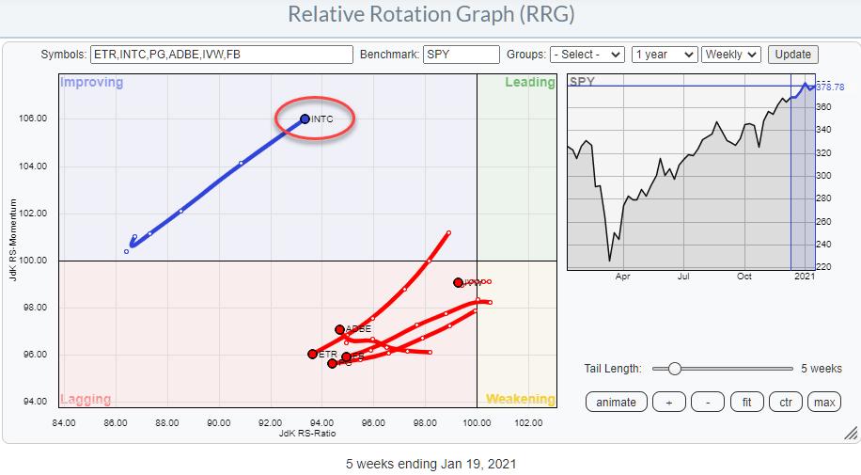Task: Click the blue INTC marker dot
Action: [305, 119]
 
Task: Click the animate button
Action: [616, 402]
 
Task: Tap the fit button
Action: [746, 402]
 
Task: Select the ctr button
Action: [786, 402]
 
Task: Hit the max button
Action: [824, 402]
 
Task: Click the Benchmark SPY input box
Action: [461, 55]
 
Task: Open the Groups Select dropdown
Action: [587, 55]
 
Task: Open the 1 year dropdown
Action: [665, 55]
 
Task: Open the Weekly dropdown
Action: [731, 55]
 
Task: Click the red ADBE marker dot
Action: [340, 329]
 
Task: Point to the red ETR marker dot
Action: [313, 354]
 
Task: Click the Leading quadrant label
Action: [530, 82]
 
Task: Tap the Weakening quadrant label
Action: [520, 399]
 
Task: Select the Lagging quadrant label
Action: [86, 399]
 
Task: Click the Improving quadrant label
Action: [92, 82]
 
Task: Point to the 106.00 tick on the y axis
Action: [35, 119]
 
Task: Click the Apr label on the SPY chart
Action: [622, 277]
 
